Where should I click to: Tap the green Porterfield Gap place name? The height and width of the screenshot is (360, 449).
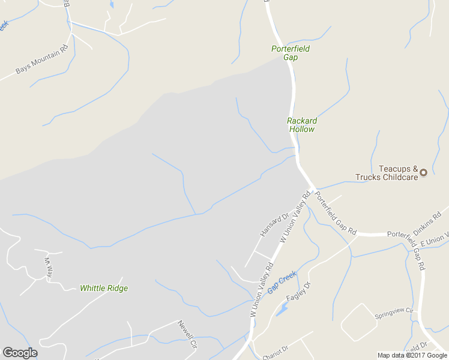(291, 53)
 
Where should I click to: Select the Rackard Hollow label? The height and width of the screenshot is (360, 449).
(302, 125)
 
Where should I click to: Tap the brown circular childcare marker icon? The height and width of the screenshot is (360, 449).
(423, 172)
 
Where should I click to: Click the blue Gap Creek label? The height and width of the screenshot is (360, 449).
(282, 281)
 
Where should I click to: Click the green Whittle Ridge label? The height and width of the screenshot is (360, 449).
(104, 288)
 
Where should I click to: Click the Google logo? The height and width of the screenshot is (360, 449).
(20, 353)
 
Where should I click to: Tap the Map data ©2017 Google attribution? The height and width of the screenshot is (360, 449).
(413, 355)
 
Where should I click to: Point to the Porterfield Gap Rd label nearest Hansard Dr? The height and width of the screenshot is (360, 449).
(336, 214)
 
